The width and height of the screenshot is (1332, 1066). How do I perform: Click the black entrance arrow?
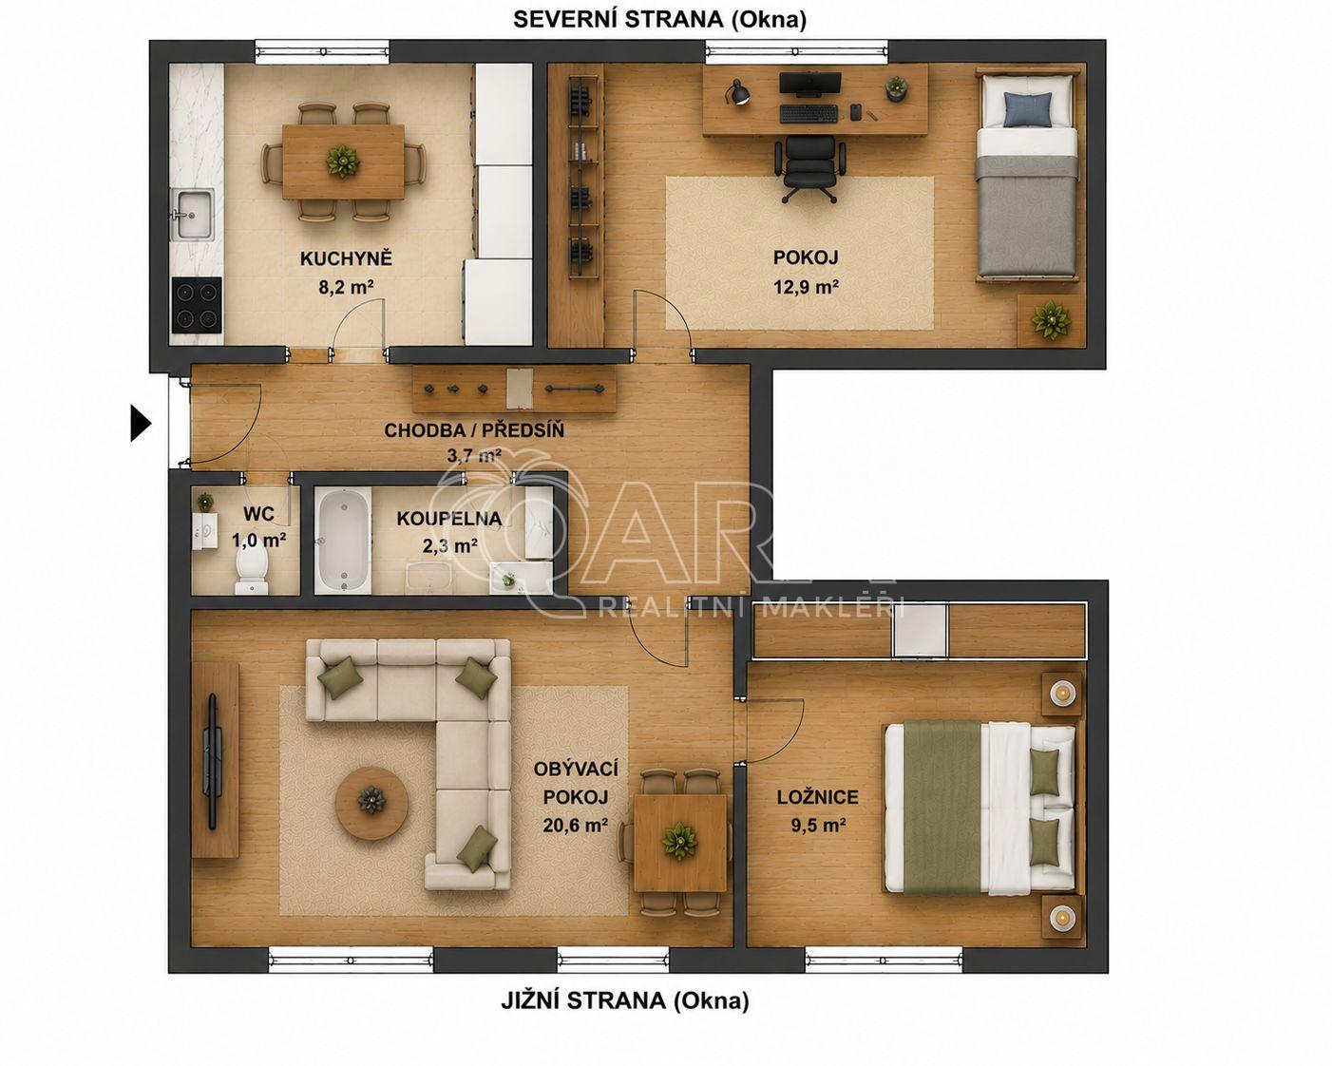tap(140, 424)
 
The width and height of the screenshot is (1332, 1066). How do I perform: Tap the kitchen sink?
tap(193, 214)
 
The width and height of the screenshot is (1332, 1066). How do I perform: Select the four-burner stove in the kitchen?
tap(197, 305)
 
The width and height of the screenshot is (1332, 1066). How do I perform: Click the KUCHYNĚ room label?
tap(346, 258)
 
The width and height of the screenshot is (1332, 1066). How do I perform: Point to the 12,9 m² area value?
tap(806, 287)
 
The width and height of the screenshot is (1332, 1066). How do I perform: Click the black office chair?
tap(809, 169)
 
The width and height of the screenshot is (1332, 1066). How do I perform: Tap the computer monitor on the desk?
tap(809, 85)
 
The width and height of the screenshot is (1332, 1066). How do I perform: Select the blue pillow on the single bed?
tap(1027, 109)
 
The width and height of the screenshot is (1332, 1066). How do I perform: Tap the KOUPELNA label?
tap(448, 519)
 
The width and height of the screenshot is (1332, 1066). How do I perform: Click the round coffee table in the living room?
tap(371, 803)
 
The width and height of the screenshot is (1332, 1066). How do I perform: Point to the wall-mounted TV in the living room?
tap(213, 761)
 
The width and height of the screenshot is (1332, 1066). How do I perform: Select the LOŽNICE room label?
tap(818, 797)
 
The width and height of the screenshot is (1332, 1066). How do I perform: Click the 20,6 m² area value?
tap(575, 826)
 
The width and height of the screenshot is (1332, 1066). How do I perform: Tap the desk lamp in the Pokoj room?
tap(738, 92)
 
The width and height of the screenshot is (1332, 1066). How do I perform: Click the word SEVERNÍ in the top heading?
tap(565, 20)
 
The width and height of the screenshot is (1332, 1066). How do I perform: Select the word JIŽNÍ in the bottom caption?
tap(531, 1001)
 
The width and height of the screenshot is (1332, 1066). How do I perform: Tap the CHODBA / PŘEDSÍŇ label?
tap(474, 430)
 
